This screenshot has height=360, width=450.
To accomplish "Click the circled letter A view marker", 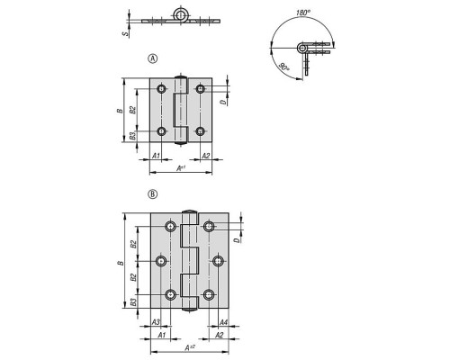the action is (153, 58).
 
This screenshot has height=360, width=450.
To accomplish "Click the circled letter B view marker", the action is (153, 194).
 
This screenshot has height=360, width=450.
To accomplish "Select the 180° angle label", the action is (303, 13).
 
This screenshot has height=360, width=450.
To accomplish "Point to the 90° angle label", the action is (283, 67).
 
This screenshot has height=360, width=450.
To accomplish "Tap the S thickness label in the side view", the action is (127, 34).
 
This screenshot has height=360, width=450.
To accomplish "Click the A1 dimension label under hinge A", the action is (156, 156).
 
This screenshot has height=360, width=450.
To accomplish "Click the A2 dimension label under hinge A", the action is (205, 156).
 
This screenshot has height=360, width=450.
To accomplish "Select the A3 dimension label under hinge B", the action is (156, 322).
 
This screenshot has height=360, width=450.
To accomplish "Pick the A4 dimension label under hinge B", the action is (223, 322).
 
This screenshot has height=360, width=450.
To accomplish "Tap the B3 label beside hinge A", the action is (132, 136).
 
